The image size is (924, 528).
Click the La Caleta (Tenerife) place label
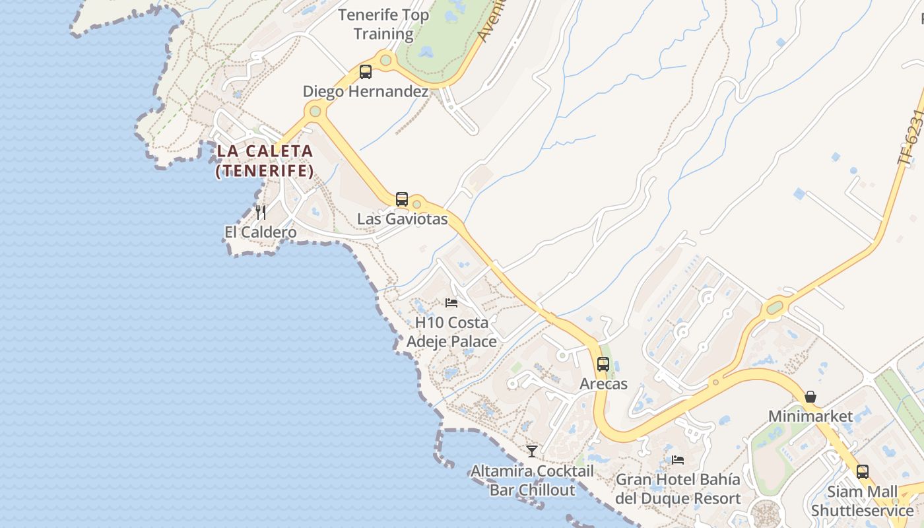[264, 160]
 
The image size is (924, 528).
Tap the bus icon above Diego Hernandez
[366, 72]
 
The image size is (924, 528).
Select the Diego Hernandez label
[366, 92]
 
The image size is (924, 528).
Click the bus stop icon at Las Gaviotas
[401, 199]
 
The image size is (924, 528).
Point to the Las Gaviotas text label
[402, 219]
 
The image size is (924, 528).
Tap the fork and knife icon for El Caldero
[261, 212]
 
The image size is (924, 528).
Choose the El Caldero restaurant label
[260, 232]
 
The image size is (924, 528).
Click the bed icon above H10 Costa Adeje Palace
[451, 303]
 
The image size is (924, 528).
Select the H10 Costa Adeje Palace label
[451, 332]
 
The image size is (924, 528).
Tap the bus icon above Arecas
[603, 364]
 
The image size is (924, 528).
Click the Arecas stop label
[603, 383]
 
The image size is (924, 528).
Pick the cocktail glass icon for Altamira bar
[532, 451]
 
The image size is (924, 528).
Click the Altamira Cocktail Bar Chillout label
[532, 480]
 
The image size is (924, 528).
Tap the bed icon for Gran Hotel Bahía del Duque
[678, 460]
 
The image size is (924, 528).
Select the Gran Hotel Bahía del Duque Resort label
[678, 489]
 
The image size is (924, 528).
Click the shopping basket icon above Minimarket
[810, 397]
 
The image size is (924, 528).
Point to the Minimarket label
[810, 416]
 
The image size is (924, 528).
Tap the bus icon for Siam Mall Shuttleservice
[863, 472]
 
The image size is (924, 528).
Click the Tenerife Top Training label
[383, 24]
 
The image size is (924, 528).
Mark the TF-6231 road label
[909, 137]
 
